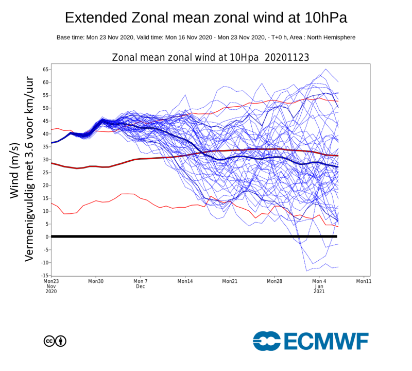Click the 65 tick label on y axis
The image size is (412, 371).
coord(45,69)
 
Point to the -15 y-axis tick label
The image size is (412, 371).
coord(45,275)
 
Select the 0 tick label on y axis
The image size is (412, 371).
coord(47,237)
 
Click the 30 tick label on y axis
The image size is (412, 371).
coord(45,159)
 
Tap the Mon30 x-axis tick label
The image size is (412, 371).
coord(96,281)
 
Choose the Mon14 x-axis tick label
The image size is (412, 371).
coord(185,281)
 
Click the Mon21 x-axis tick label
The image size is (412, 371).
coord(230,281)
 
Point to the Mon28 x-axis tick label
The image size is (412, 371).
coord(274,281)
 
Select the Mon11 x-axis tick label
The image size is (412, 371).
coord(364,281)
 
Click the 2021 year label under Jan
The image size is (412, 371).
coord(319,292)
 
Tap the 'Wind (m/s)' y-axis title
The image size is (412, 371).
coord(15,170)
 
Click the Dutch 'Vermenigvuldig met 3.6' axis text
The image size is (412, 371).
coord(30,170)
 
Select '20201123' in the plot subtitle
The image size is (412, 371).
coord(287,57)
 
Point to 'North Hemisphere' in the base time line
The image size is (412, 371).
coord(333,38)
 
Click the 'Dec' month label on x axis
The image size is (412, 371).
coord(141,286)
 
